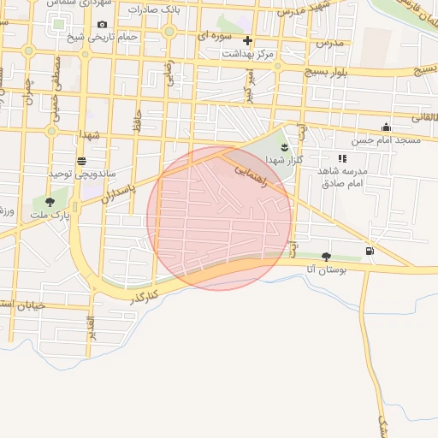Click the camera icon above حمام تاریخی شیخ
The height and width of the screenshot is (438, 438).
tap(103, 25)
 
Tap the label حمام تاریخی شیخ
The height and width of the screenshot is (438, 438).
tap(103, 37)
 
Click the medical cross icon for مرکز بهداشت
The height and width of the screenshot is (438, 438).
tap(247, 40)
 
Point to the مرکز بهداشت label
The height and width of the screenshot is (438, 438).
tap(247, 53)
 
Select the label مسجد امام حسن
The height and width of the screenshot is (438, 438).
tap(386, 139)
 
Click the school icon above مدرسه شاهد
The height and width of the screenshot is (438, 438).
tap(342, 158)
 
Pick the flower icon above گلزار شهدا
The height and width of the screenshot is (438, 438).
tap(285, 149)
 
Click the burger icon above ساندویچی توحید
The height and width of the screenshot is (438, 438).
tap(81, 160)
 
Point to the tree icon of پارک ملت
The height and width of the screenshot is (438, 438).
tap(50, 202)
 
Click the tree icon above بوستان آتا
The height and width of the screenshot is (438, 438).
tap(326, 256)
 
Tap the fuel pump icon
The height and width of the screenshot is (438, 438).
tap(370, 251)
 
